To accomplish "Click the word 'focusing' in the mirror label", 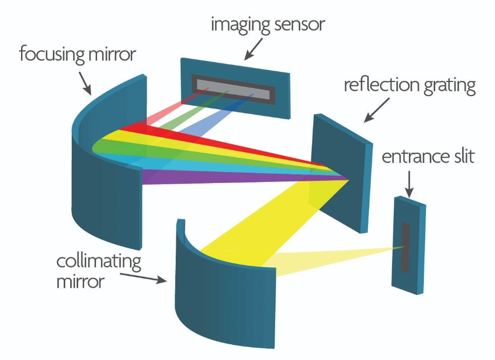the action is coord(52,55).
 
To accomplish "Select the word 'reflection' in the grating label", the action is coord(381,85).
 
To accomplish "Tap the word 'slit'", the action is coord(464,156).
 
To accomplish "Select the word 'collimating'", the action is coord(99,262).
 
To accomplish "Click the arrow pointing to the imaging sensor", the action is coord(253,49).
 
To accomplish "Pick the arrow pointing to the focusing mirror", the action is coord(85,83).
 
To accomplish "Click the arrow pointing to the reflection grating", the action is coord(376,110).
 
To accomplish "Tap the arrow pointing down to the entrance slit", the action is coord(409,184).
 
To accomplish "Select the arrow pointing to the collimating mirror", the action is coord(143,278).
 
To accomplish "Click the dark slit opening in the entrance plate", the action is coord(405,248).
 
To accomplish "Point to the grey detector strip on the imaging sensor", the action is coord(233,89).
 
